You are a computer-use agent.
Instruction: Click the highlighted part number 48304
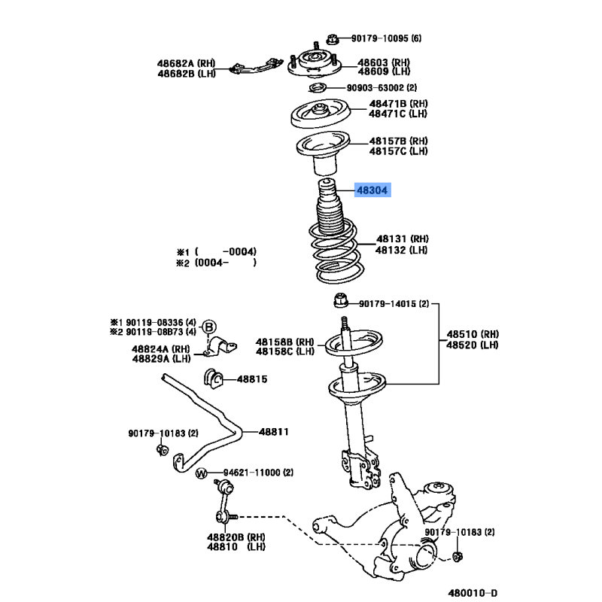372,190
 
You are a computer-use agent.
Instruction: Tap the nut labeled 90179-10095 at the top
332,39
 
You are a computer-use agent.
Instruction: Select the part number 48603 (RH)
384,62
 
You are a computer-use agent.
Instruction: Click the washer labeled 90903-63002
318,88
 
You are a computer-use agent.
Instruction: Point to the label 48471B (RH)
398,104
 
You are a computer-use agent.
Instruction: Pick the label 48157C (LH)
398,151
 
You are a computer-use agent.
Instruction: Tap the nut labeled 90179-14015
341,300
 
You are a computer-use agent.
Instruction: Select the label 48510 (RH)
473,334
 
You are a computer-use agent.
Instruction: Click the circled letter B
209,327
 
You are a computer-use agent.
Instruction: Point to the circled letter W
201,473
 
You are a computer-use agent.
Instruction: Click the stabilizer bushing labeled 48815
214,379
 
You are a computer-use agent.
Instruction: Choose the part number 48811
273,432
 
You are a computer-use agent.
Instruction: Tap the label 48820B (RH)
236,537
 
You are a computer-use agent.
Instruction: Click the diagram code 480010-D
473,593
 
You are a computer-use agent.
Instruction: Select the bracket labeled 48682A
256,66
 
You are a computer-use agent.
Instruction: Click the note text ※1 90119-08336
153,323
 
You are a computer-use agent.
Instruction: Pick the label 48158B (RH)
285,342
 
